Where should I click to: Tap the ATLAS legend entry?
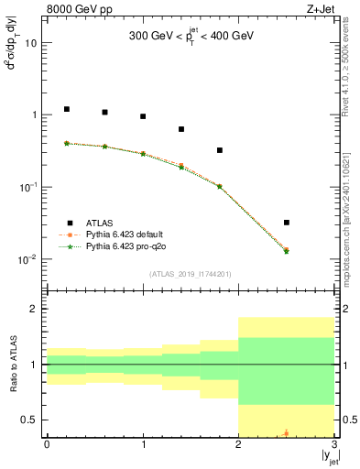[101, 223]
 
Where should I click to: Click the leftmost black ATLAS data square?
[66, 109]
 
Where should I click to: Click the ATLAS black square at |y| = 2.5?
[287, 223]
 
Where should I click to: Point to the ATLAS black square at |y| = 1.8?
[220, 150]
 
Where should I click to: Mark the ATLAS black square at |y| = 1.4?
[181, 129]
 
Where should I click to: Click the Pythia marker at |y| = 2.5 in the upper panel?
[287, 250]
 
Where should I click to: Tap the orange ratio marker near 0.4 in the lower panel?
[287, 432]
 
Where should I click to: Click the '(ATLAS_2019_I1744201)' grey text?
[191, 274]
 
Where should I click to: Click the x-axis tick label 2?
[239, 444]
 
